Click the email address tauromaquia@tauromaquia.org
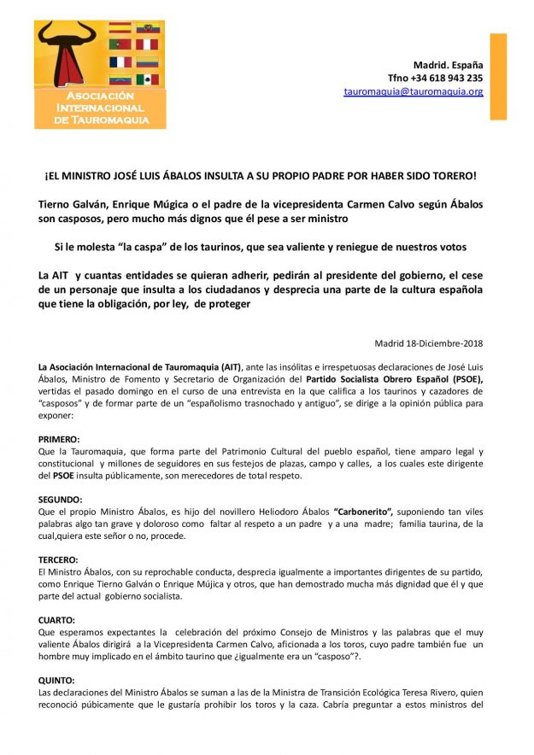(x=414, y=91)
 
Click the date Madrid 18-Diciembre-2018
(x=429, y=343)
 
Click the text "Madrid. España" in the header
(x=448, y=65)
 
